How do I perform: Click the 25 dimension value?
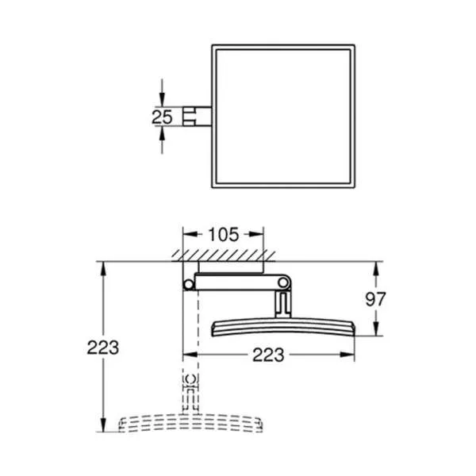[162, 117]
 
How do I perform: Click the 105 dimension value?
[224, 235]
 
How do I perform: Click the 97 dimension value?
[375, 299]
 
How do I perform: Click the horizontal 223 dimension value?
[268, 355]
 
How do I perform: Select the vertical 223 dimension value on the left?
[103, 347]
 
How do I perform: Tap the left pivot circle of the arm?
[189, 285]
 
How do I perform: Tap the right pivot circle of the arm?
[283, 282]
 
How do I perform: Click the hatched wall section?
[224, 255]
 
